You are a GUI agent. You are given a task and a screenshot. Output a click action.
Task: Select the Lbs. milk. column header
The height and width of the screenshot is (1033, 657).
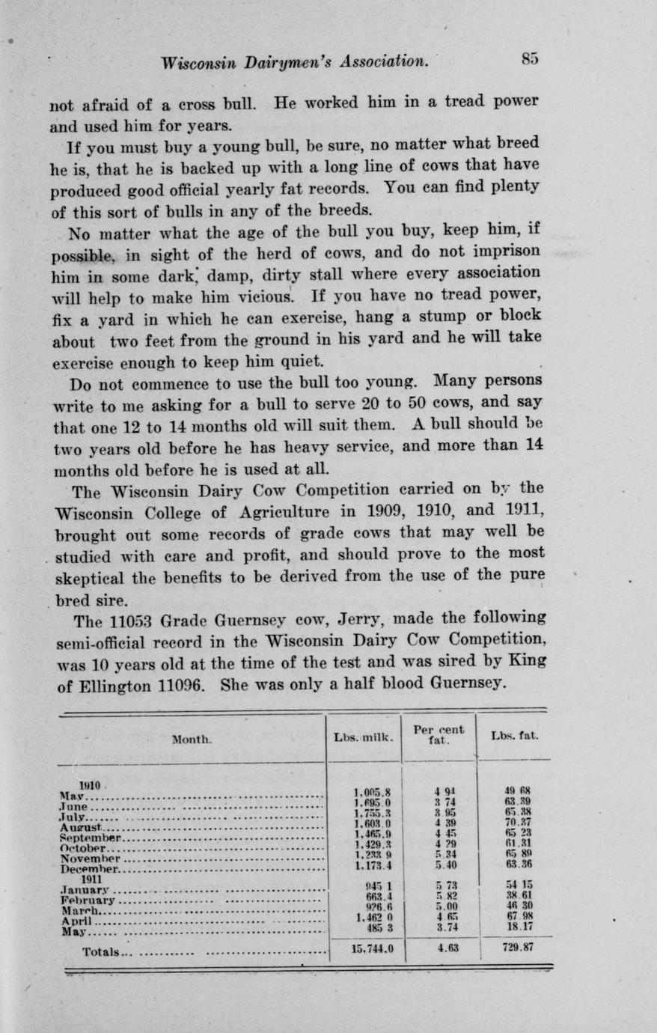coord(363,737)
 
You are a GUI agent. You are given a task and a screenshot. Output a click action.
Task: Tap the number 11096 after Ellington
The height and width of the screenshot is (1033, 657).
coord(174,683)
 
